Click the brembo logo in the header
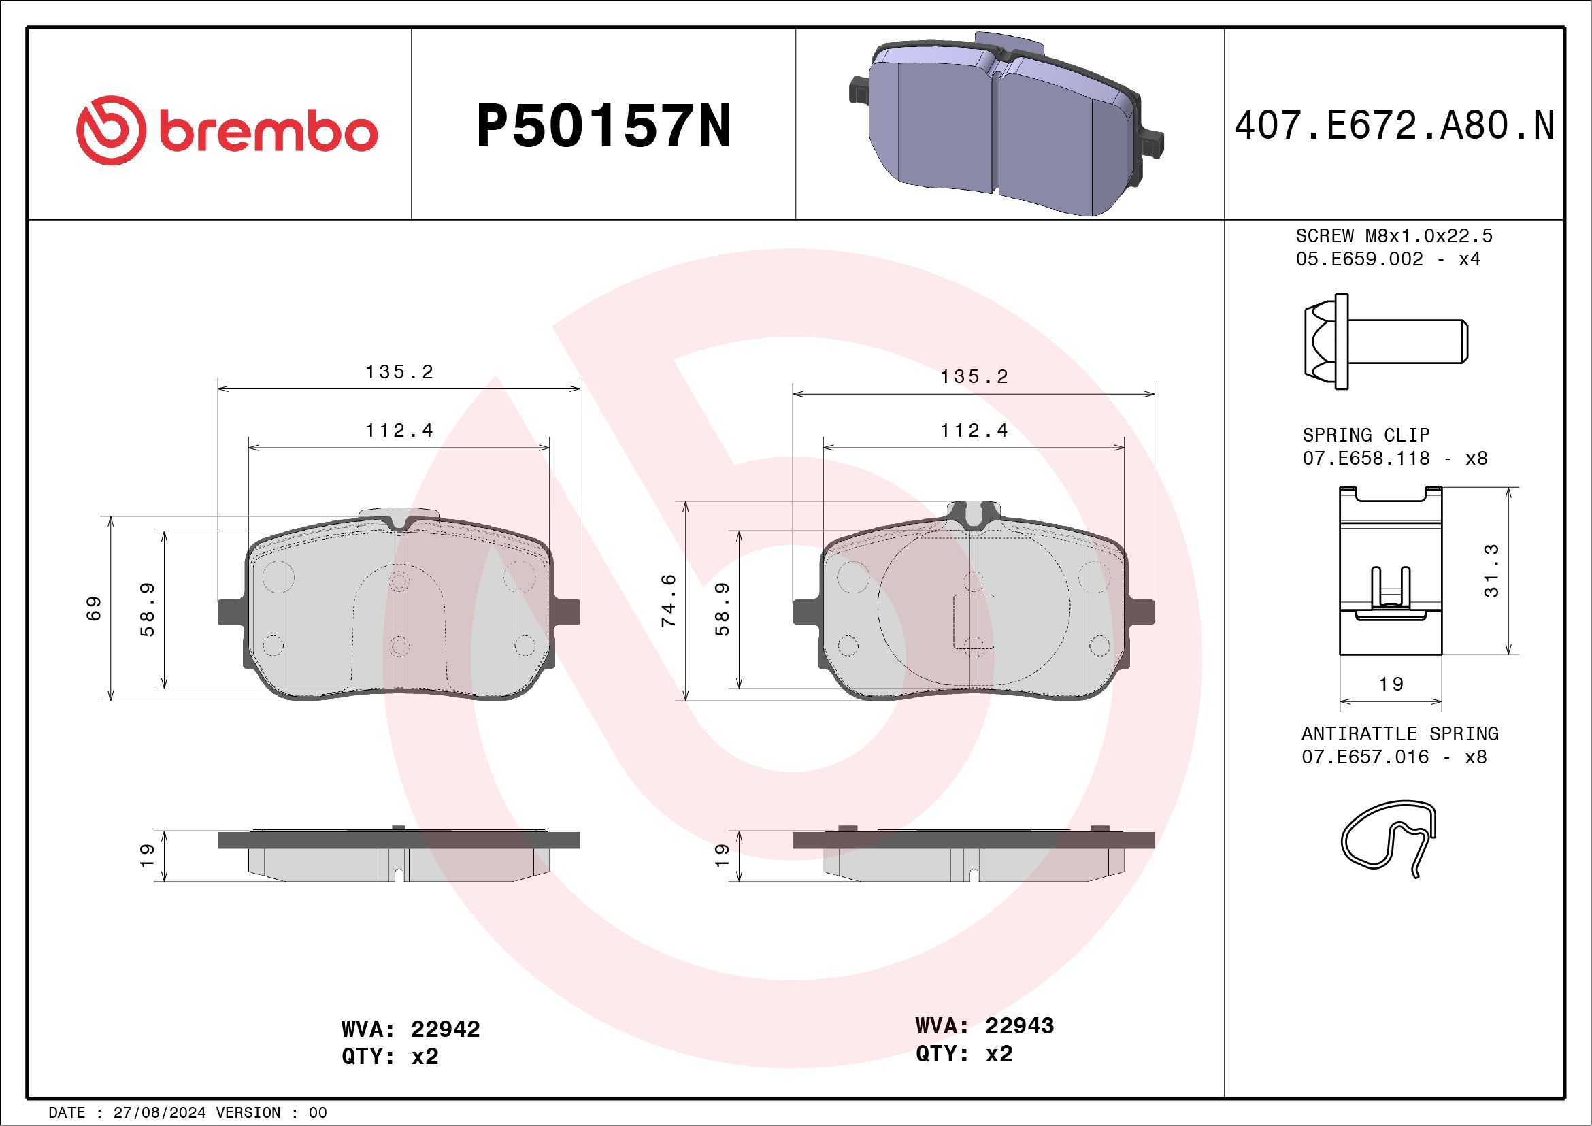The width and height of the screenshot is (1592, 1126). pos(227,130)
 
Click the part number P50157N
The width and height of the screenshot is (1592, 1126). pos(603,126)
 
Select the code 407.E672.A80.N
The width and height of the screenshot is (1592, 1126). pos(1394,126)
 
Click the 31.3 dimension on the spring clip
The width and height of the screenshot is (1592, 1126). pos(1491,570)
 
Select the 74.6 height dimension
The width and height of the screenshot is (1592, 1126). pos(668,601)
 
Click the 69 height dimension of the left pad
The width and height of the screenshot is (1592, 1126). pos(95,608)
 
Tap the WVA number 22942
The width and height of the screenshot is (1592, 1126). pos(445,1029)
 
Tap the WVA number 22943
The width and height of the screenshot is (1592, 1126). pos(1019,1025)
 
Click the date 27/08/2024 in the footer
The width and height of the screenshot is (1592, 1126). pos(159,1113)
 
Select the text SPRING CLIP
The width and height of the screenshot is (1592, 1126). pos(1366,435)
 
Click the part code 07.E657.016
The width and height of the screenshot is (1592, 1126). pos(1365,757)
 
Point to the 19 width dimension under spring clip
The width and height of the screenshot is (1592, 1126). pos(1391,684)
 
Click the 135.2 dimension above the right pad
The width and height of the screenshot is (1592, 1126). pos(974,376)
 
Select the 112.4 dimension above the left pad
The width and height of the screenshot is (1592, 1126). pos(399,431)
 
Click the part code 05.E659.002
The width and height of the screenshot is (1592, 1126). pos(1359,259)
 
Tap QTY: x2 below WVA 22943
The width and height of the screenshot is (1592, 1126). pos(964,1054)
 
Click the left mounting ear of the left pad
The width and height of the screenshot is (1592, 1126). pos(230,611)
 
